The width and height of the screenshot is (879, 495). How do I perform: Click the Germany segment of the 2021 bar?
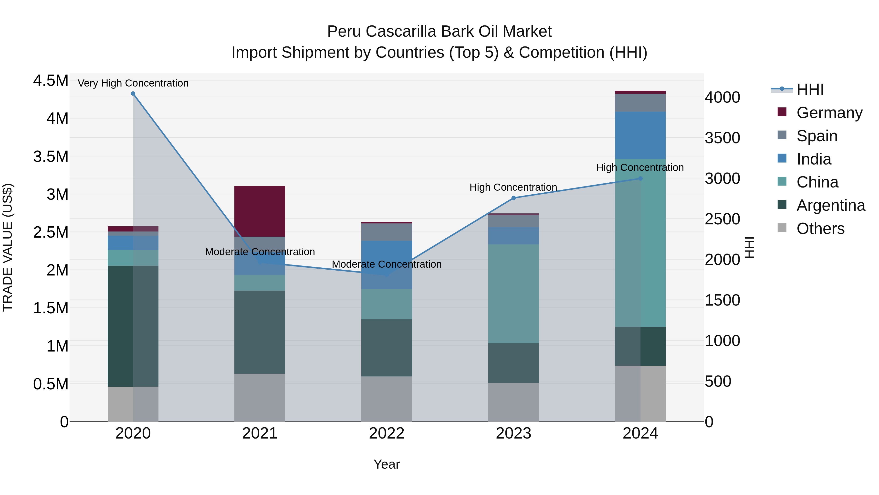(260, 211)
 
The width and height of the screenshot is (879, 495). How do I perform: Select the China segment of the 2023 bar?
(513, 294)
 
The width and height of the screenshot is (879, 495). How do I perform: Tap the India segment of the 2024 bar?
(640, 135)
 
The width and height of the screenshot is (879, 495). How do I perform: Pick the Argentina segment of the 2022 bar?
(387, 348)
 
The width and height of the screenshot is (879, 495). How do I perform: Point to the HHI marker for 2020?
(133, 94)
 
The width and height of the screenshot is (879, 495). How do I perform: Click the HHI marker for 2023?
(513, 198)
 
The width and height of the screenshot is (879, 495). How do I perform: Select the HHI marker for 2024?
(640, 178)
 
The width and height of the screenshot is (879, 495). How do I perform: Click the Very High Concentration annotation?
(133, 83)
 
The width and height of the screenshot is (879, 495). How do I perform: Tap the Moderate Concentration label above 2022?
(387, 264)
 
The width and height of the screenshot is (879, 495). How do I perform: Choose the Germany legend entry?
(829, 112)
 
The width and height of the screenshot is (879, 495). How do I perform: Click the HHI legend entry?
(810, 89)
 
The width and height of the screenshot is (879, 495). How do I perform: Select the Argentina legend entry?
(831, 205)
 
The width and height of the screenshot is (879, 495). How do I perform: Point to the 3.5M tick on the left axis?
(51, 156)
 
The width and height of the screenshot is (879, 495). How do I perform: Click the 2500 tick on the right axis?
(722, 219)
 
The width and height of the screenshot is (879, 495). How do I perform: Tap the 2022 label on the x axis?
(387, 433)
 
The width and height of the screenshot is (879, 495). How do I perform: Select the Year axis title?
(387, 464)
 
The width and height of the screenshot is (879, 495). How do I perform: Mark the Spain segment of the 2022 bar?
(387, 232)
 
